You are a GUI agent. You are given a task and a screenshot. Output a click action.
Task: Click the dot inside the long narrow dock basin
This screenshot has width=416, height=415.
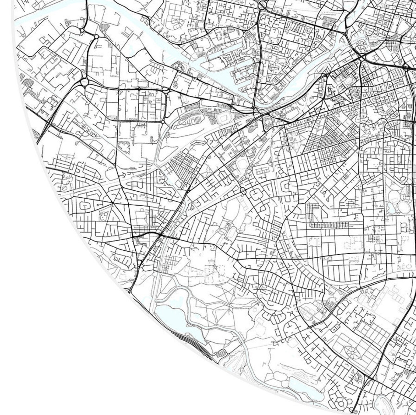pyautogui.click(x=223, y=52)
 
